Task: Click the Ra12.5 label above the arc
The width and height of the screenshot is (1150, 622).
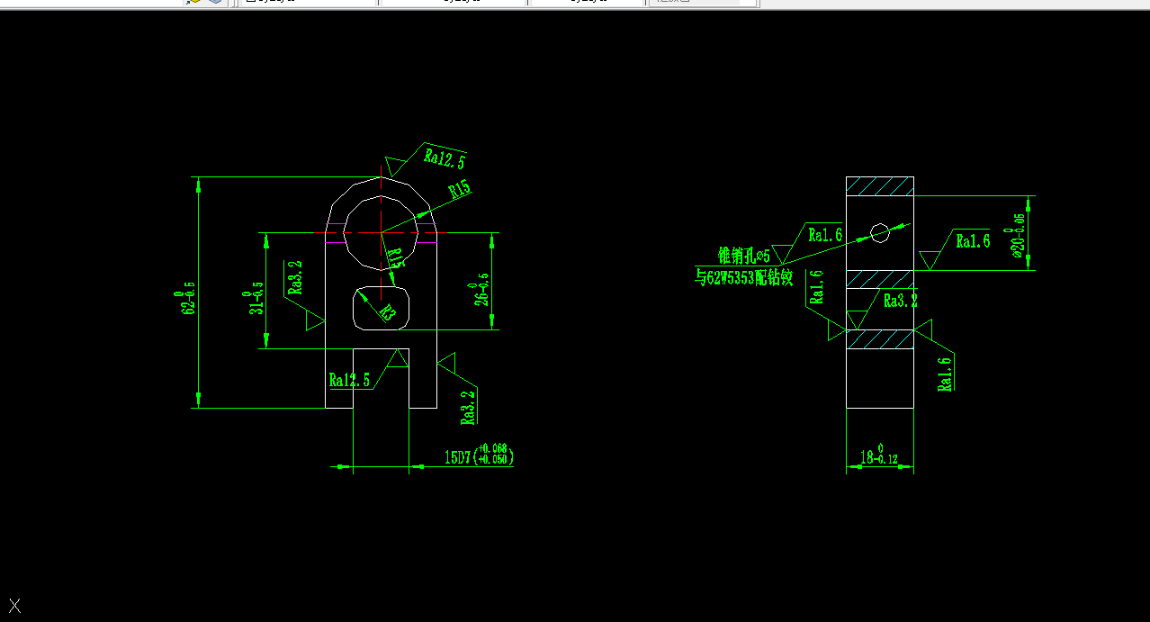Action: (x=445, y=158)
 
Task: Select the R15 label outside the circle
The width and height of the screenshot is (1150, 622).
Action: (x=459, y=189)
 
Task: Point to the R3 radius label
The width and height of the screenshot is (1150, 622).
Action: (x=387, y=312)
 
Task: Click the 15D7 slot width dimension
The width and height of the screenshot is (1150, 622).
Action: (x=479, y=455)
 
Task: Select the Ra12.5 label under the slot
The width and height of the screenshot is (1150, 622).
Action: (x=349, y=380)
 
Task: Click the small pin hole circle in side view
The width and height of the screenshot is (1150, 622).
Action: (x=880, y=232)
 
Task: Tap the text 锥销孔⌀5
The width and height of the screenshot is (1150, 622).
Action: (x=743, y=255)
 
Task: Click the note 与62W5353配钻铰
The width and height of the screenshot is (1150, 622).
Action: (x=743, y=278)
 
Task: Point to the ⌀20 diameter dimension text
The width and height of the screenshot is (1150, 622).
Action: (x=1018, y=237)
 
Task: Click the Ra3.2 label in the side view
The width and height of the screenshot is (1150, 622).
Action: (x=900, y=301)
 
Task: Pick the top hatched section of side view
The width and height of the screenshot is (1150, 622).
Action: (x=880, y=186)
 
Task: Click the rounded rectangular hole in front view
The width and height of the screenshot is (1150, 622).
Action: (x=382, y=309)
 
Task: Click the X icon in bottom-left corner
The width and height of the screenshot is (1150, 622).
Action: (x=14, y=606)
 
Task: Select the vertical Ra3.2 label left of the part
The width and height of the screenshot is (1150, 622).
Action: (x=296, y=277)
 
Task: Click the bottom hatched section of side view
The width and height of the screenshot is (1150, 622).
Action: (x=880, y=338)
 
